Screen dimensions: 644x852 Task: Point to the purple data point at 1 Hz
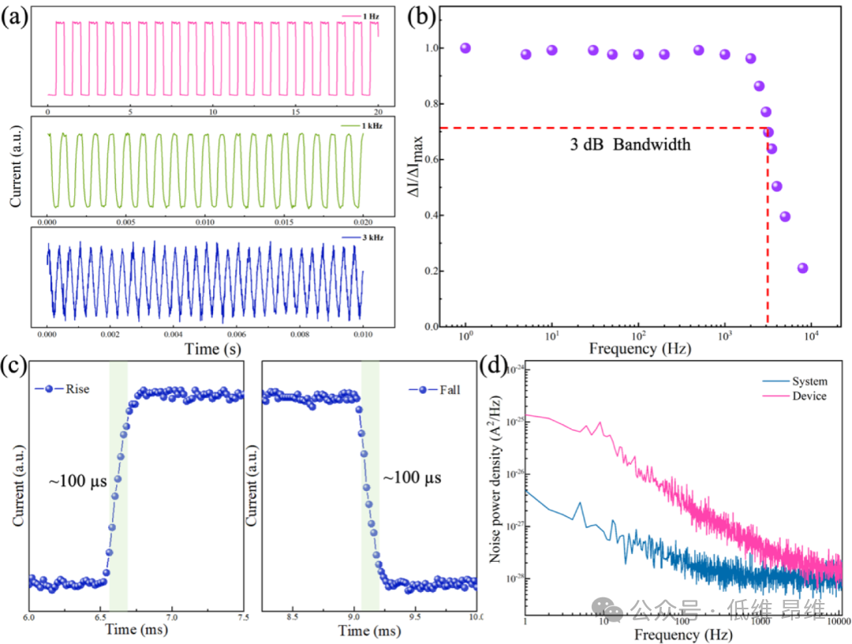[465, 48]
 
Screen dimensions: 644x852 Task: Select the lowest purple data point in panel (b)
[802, 268]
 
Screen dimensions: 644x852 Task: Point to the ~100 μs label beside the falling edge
[412, 478]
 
